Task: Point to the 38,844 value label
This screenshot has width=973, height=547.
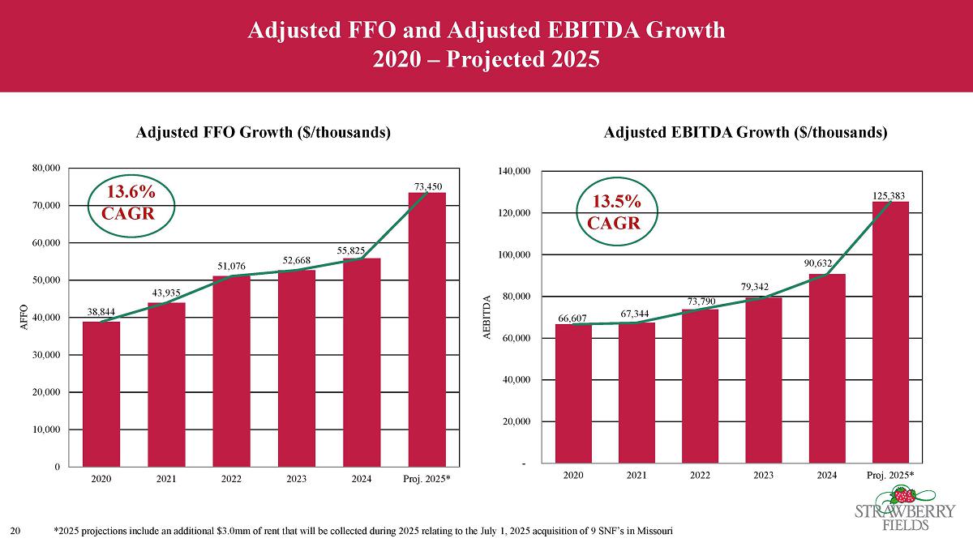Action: (101, 310)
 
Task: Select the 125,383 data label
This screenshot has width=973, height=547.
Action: (889, 195)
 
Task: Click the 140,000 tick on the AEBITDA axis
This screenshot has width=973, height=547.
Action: (512, 172)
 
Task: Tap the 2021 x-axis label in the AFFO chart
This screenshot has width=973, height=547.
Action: (166, 478)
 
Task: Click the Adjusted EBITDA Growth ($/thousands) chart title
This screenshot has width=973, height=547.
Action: (746, 132)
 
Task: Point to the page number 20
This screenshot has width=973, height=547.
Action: (16, 531)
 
